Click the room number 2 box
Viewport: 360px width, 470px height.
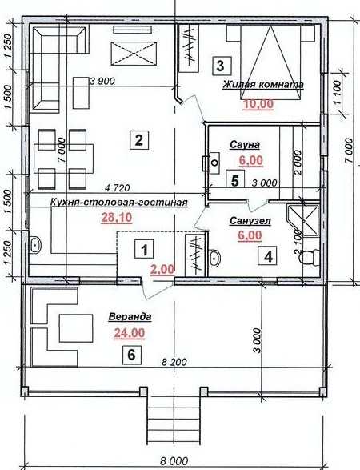(139, 139)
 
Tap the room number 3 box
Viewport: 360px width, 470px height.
(222, 66)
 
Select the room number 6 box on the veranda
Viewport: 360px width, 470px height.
(132, 355)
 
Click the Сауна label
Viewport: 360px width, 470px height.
(245, 145)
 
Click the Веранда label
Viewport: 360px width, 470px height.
(130, 317)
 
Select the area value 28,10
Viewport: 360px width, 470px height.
(117, 218)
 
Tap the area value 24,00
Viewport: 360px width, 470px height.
(130, 333)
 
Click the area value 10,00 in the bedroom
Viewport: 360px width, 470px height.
(258, 104)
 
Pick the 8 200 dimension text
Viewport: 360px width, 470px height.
(174, 362)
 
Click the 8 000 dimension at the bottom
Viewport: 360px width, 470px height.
(174, 460)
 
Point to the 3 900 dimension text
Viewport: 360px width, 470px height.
(102, 81)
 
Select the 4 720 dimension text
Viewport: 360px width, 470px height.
(118, 188)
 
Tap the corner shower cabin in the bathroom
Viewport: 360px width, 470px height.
(303, 220)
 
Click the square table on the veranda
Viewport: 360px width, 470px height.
(76, 328)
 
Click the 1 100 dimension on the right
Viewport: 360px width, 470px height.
(337, 92)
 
